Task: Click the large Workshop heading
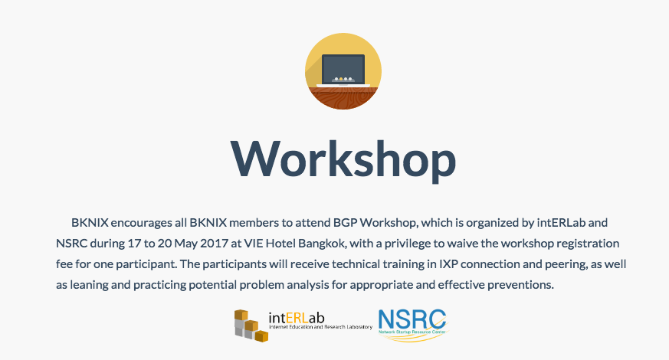(x=343, y=160)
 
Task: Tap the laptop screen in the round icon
(x=343, y=69)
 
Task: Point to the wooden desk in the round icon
(x=343, y=98)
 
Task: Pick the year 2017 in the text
(x=215, y=244)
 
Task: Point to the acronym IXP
(x=448, y=264)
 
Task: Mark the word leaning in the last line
(x=89, y=285)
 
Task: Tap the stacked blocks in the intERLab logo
(x=251, y=326)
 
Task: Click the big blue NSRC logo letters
(x=412, y=319)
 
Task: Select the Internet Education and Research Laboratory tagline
(x=320, y=327)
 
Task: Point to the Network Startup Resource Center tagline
(x=412, y=332)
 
